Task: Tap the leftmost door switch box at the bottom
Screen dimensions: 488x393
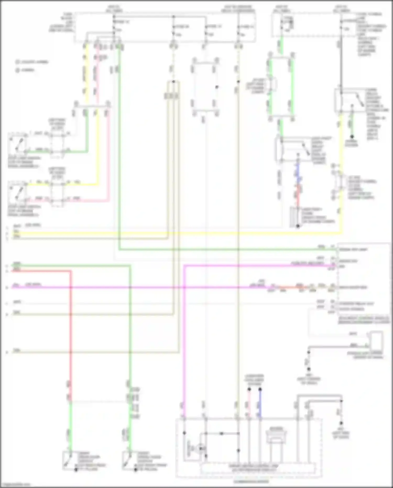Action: [69, 460]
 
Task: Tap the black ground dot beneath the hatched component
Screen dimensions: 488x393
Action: [298, 226]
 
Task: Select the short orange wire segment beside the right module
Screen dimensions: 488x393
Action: [291, 287]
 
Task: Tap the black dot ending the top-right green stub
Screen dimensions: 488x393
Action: [352, 137]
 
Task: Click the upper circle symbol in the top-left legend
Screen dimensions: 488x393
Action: [18, 62]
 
